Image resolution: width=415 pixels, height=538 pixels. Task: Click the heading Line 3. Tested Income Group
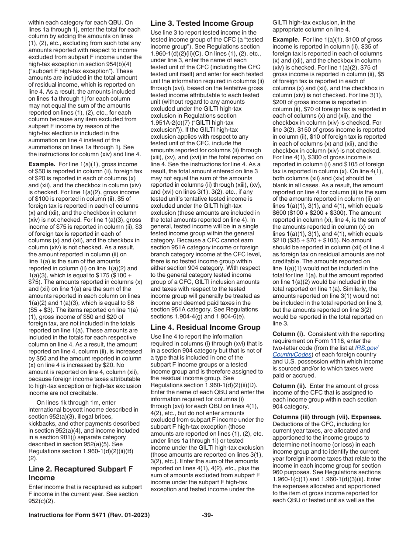click(x=202, y=23)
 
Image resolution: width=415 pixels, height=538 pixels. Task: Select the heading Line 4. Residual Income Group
click(x=205, y=327)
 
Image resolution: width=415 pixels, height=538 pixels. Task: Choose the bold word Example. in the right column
click(x=286, y=40)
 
